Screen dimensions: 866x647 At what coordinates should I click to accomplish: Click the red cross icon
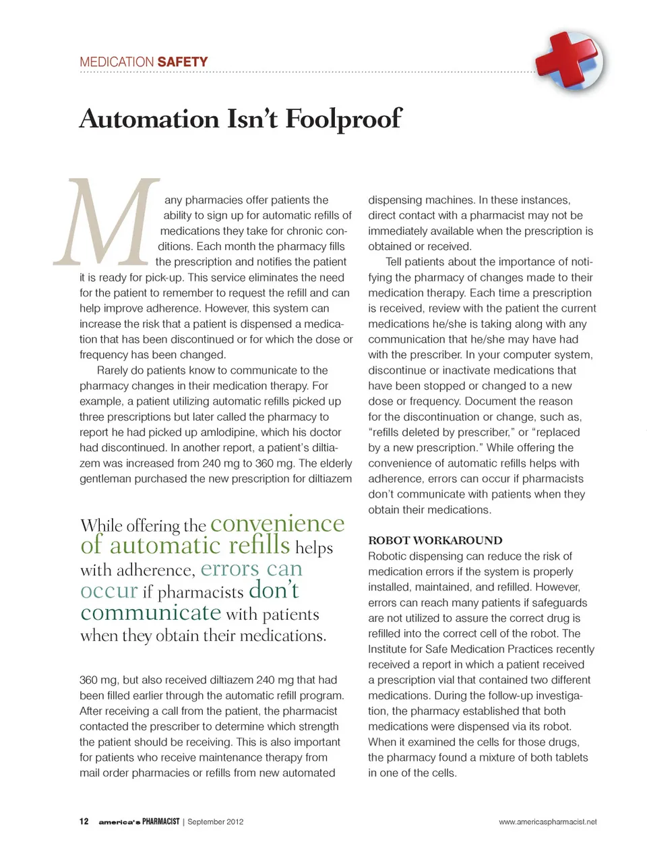coord(569,61)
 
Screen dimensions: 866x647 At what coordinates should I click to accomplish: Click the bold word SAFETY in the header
coord(183,62)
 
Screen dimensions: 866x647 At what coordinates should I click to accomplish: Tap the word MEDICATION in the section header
coord(117,62)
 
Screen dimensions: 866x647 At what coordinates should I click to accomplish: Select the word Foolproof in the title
coord(344,119)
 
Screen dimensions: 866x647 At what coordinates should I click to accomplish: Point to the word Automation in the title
coord(149,119)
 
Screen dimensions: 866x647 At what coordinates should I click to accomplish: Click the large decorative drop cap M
coord(108,223)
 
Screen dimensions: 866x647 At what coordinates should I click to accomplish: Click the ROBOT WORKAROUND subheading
coord(435,540)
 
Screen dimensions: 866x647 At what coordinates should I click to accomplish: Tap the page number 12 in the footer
coord(84,821)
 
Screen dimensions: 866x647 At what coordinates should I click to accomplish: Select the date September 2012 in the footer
coord(215,821)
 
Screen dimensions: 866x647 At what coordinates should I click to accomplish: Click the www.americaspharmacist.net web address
coord(547,821)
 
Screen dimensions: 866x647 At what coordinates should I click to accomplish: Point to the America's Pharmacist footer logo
coord(139,821)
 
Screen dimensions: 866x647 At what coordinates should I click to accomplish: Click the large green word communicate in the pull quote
coord(151,612)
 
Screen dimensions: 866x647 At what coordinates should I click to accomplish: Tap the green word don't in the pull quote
coord(274,590)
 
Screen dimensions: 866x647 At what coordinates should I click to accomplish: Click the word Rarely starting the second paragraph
coord(114,370)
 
